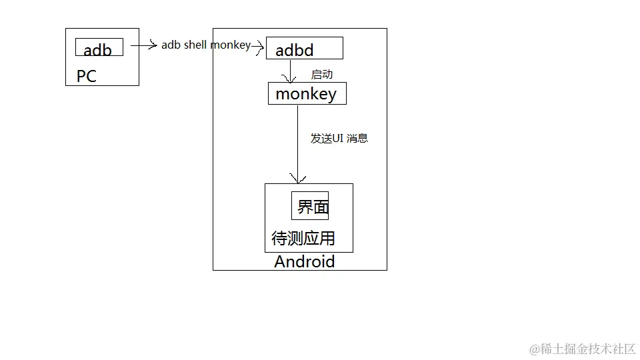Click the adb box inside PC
click(x=99, y=47)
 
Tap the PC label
click(x=87, y=76)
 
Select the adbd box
click(x=304, y=49)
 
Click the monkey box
click(x=307, y=93)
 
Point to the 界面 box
click(x=310, y=205)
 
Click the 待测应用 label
click(x=303, y=238)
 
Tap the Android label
click(x=304, y=261)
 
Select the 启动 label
click(x=322, y=75)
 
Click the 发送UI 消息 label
click(x=339, y=139)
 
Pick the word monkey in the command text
click(x=231, y=45)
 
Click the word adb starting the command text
click(x=171, y=45)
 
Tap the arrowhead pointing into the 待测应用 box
click(x=297, y=179)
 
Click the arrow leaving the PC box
click(x=143, y=45)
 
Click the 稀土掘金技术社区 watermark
click(x=588, y=349)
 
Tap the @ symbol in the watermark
click(x=535, y=349)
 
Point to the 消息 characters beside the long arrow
click(x=357, y=139)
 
